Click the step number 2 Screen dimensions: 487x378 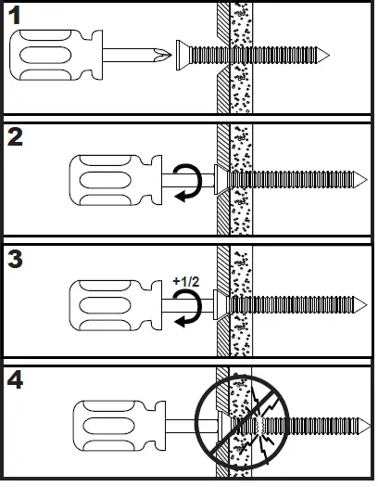click(17, 136)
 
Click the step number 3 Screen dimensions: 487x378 click(17, 258)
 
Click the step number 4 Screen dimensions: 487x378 click(17, 380)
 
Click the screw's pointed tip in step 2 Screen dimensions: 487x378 click(362, 177)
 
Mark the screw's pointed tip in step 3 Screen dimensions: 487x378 click(362, 302)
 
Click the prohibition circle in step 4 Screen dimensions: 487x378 click(241, 427)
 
